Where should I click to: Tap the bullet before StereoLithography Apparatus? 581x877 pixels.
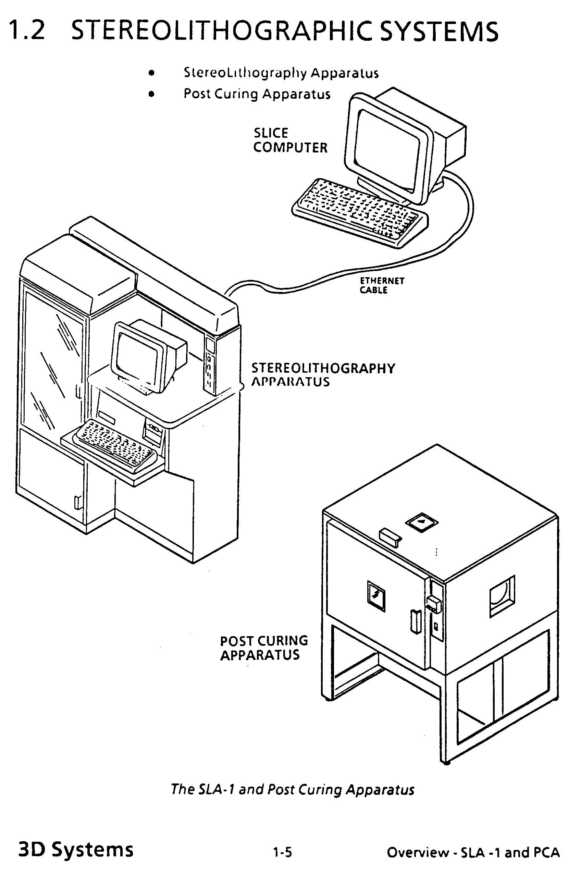(151, 73)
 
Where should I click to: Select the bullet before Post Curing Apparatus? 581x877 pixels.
(151, 94)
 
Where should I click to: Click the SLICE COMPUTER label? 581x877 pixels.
(290, 140)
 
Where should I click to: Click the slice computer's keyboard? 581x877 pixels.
(360, 213)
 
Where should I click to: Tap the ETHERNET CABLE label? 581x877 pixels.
(382, 285)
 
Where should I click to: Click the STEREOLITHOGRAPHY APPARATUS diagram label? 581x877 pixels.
(323, 374)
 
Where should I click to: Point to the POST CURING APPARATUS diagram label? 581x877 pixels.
(264, 648)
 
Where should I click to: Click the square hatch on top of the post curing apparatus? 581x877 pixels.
(422, 522)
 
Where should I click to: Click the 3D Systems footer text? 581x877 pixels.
(76, 849)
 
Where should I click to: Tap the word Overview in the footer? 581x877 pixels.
(418, 853)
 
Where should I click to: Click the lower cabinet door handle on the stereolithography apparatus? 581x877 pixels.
(77, 502)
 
